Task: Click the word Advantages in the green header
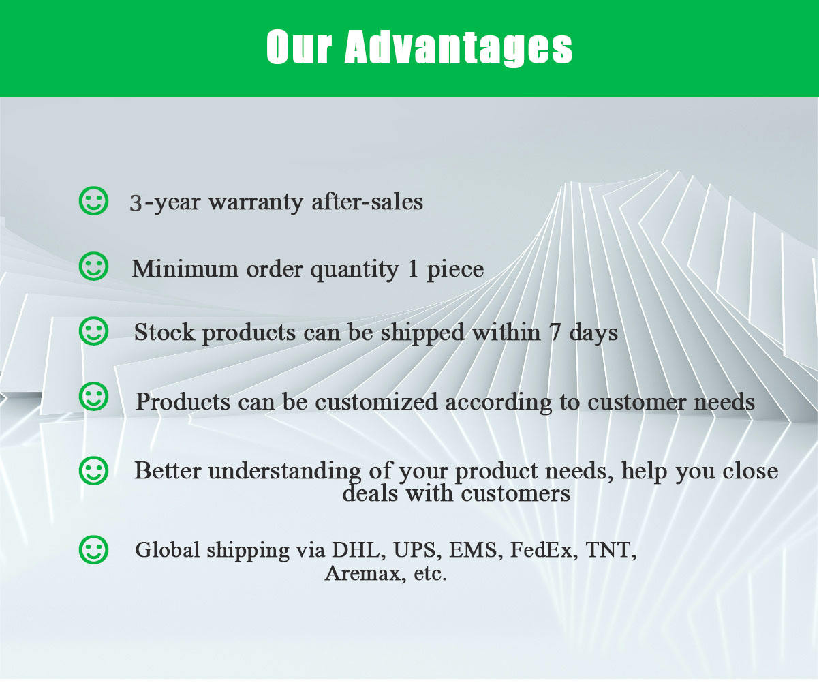[458, 48]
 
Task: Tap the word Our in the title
[299, 46]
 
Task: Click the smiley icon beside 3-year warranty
[93, 200]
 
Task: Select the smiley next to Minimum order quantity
[93, 266]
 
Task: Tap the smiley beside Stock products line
[93, 331]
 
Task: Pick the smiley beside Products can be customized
[93, 397]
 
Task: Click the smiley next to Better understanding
[93, 471]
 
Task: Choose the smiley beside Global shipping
[93, 550]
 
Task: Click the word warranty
[256, 203]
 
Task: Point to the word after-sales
[367, 201]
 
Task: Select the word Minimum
[185, 269]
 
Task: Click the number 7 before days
[555, 333]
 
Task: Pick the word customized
[376, 401]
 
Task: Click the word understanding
[284, 472]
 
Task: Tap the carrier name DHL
[356, 550]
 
